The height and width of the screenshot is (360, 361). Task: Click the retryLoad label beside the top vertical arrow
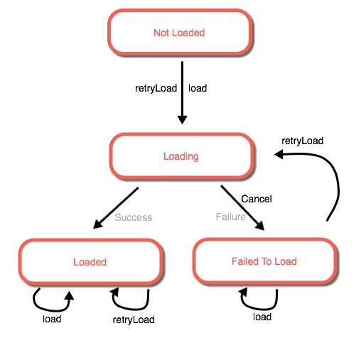(x=156, y=89)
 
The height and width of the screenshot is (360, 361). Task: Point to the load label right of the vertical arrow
(x=198, y=88)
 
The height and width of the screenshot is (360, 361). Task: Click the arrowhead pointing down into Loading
(x=182, y=120)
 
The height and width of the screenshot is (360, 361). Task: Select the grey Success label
(x=134, y=217)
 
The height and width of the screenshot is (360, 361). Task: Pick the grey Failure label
(x=231, y=217)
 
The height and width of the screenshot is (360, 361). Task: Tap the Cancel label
(x=257, y=199)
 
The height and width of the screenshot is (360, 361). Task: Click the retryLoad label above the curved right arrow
(x=303, y=141)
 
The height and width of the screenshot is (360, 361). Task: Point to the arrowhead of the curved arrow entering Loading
(x=279, y=154)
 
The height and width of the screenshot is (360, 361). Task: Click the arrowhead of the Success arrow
(x=97, y=224)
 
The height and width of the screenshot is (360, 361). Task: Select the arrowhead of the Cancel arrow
(x=260, y=226)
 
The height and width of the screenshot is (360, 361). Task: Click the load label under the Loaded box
(x=52, y=319)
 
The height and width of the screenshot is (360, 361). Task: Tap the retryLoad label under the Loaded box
(x=134, y=320)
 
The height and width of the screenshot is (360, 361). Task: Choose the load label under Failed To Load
(x=262, y=317)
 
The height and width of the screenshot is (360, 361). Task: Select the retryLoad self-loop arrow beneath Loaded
(x=130, y=308)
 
